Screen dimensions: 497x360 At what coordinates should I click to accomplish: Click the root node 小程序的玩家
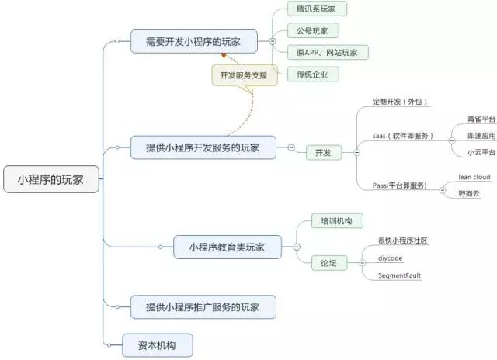pyautogui.click(x=51, y=179)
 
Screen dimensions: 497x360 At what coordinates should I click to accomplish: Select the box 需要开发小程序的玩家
pyautogui.click(x=193, y=41)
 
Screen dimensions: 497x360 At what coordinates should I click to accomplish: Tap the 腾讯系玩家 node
pyautogui.click(x=317, y=9)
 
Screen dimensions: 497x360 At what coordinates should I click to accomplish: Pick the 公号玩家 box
pyautogui.click(x=313, y=31)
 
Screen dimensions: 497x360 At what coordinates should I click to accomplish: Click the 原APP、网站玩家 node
pyautogui.click(x=328, y=53)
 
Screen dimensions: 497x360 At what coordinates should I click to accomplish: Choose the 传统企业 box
pyautogui.click(x=313, y=74)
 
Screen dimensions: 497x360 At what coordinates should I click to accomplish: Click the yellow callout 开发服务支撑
pyautogui.click(x=245, y=75)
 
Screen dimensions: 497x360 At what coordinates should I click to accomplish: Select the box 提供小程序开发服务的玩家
pyautogui.click(x=203, y=147)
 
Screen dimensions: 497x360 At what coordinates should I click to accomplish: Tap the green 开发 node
pyautogui.click(x=324, y=153)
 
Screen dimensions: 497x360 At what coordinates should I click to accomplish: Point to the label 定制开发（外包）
pyautogui.click(x=400, y=102)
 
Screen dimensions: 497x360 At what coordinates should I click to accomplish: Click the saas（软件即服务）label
pyautogui.click(x=402, y=136)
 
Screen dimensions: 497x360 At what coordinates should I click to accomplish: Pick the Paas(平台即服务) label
pyautogui.click(x=399, y=185)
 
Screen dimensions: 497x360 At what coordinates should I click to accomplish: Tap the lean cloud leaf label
pyautogui.click(x=474, y=177)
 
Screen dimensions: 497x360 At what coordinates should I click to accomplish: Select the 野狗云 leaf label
pyautogui.click(x=469, y=193)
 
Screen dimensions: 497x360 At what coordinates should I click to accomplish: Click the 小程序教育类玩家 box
pyautogui.click(x=228, y=247)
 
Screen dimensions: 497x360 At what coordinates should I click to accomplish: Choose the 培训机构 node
pyautogui.click(x=337, y=220)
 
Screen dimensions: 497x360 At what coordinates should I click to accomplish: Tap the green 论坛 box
pyautogui.click(x=329, y=263)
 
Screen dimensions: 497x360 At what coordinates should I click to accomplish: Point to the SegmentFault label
pyautogui.click(x=399, y=275)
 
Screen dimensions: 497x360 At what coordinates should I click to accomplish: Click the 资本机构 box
pyautogui.click(x=157, y=345)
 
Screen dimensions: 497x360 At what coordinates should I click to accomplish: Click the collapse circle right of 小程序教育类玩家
pyautogui.click(x=297, y=247)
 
